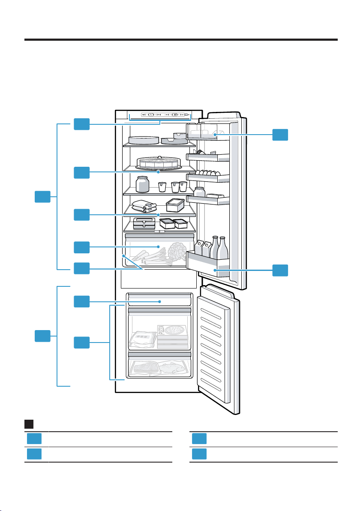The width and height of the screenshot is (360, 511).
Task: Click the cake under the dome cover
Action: [x=158, y=163]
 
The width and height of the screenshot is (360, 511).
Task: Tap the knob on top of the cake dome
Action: [x=159, y=157]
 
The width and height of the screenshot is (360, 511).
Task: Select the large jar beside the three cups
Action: [x=142, y=184]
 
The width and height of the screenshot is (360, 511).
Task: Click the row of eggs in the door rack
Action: [x=207, y=172]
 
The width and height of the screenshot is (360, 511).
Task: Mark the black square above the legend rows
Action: [x=29, y=424]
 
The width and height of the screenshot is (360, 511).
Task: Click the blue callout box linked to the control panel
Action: [x=81, y=124]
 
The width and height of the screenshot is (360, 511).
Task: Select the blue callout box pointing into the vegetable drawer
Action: [x=81, y=247]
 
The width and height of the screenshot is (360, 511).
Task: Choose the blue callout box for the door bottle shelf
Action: [x=280, y=270]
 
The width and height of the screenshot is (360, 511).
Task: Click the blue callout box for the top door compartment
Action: [x=280, y=135]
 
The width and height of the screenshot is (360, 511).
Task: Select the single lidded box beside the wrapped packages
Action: [x=175, y=205]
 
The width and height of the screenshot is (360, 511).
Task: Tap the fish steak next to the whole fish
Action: [x=146, y=368]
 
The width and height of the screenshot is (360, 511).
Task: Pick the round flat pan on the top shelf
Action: [x=144, y=140]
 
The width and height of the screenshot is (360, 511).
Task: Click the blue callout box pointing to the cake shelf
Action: [x=81, y=172]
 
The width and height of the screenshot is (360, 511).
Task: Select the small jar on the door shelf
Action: [x=199, y=192]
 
